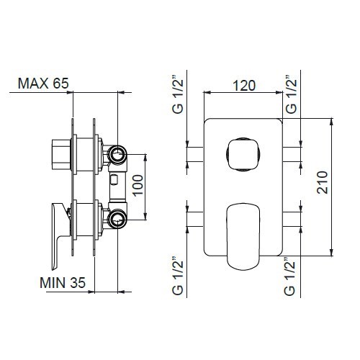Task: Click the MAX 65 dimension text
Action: point(43,84)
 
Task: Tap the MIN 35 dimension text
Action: point(63,283)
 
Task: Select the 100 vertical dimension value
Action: point(138,186)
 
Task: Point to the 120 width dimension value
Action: point(244,86)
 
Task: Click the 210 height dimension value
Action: point(322,182)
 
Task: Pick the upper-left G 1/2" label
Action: point(178,94)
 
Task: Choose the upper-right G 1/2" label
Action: point(291,94)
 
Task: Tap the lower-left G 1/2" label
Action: point(178,276)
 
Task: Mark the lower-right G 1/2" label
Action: point(289,276)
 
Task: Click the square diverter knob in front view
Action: point(243,154)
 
